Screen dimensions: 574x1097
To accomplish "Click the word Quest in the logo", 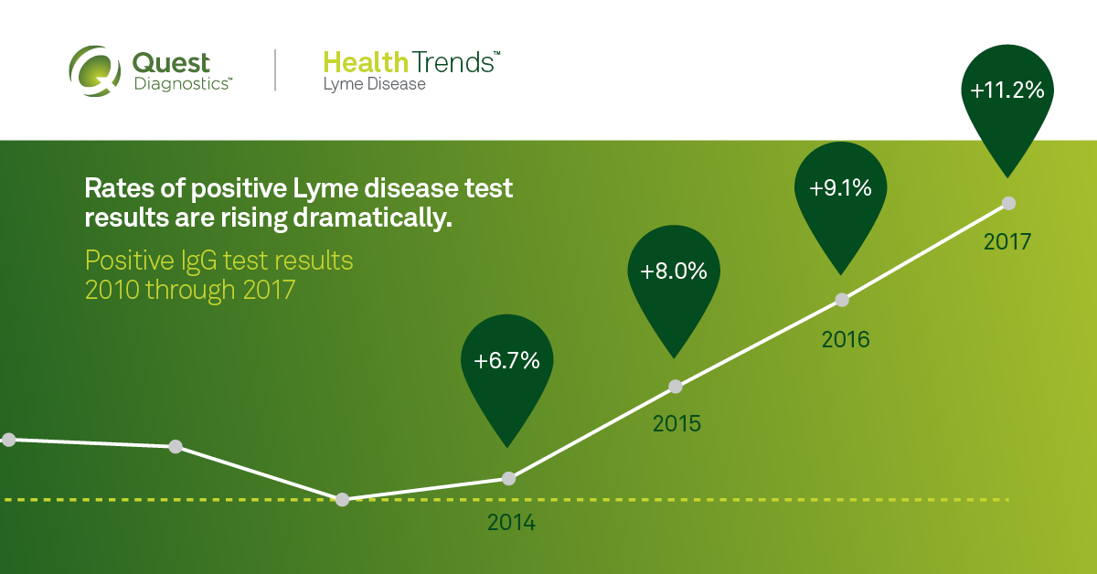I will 172,63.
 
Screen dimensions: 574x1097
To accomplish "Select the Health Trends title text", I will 411,63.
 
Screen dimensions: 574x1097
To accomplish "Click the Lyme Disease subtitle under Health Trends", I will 374,84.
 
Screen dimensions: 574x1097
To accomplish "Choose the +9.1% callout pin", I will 840,189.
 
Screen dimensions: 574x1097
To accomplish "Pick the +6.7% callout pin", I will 507,361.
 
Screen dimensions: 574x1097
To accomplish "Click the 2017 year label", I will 1007,243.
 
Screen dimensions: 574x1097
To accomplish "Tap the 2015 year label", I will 676,425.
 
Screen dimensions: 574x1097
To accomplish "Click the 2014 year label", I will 511,524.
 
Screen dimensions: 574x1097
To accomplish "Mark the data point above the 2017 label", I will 1008,203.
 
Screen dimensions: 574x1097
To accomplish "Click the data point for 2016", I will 843,300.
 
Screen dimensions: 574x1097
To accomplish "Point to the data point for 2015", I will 676,387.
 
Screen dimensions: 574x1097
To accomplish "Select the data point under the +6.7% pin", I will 509,478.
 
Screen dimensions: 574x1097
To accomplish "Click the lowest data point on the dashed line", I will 342,500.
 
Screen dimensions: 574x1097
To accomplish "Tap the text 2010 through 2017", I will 190,291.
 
